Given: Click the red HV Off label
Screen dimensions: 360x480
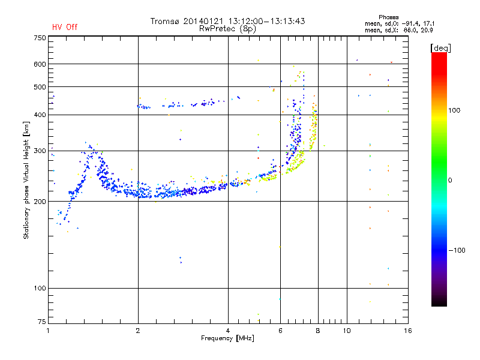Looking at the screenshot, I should click(64, 27).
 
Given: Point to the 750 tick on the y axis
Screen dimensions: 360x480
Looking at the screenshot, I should click(40, 38).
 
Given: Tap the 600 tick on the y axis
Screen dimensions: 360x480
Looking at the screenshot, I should click(40, 64).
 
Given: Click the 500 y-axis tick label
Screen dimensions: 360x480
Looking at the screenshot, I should click(40, 87).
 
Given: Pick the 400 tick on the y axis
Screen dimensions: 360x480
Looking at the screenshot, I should click(40, 115).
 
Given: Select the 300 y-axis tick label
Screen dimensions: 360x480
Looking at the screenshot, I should click(40, 151).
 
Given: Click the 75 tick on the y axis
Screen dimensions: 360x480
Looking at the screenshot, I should click(41, 323).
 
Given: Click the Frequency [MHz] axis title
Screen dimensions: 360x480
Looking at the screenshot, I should click(228, 338).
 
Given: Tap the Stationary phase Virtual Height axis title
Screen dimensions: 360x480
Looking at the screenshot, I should click(26, 181).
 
